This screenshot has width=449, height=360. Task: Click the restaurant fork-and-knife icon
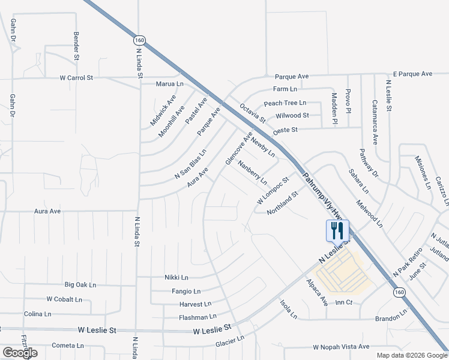pyautogui.click(x=337, y=230)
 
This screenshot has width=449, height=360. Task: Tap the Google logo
pyautogui.click(x=19, y=353)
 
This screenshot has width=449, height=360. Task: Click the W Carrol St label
pyautogui.click(x=76, y=78)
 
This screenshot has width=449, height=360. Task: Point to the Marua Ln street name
pyautogui.click(x=170, y=84)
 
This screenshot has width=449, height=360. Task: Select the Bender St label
pyautogui.click(x=77, y=47)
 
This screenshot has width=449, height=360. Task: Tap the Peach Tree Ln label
pyautogui.click(x=285, y=103)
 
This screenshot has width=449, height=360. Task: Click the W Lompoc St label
pyautogui.click(x=273, y=190)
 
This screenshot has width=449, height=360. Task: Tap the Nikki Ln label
pyautogui.click(x=176, y=278)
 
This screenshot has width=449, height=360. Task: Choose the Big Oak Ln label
pyautogui.click(x=80, y=284)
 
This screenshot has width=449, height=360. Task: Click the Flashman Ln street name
pyautogui.click(x=197, y=317)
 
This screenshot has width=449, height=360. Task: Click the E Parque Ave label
pyautogui.click(x=412, y=74)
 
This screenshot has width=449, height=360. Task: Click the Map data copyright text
pyautogui.click(x=411, y=355)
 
